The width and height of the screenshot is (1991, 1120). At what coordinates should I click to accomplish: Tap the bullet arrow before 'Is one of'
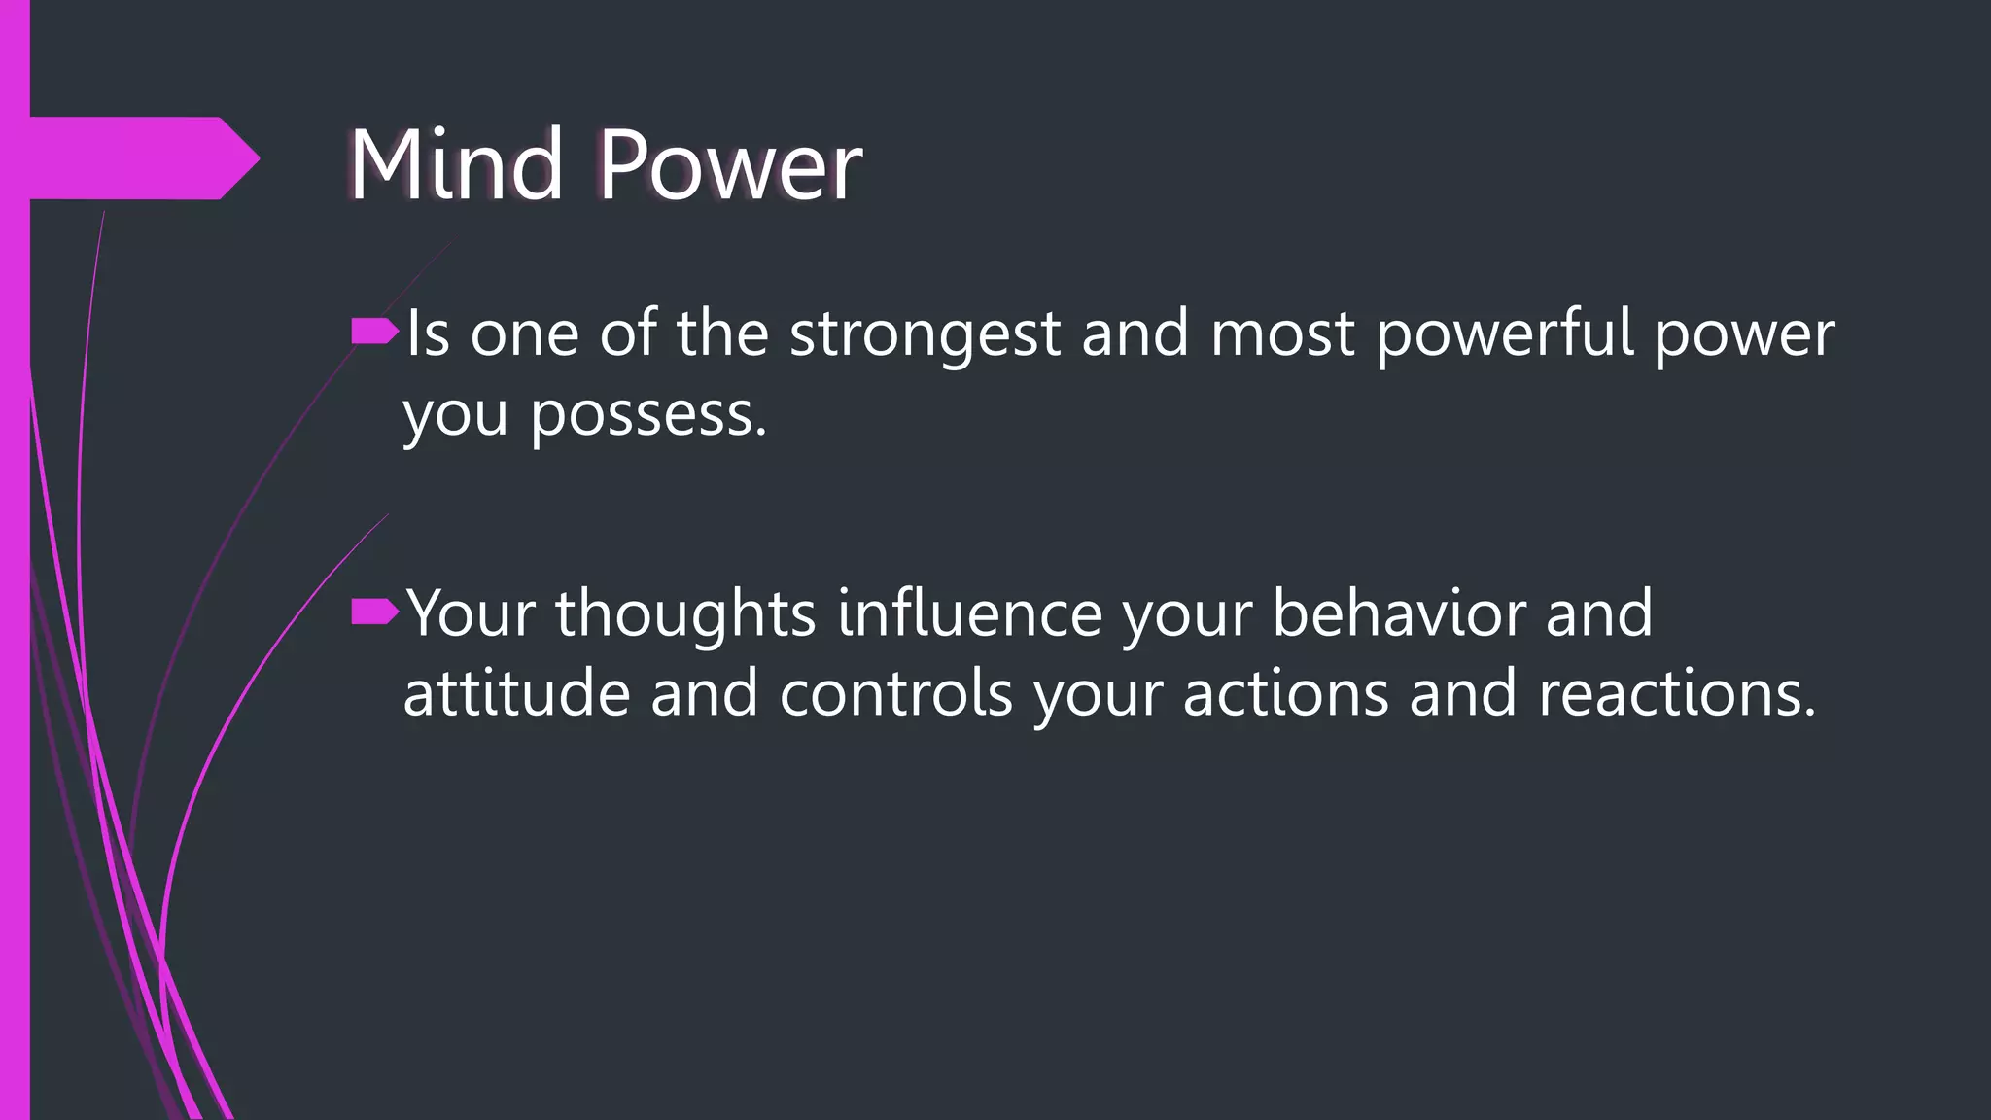click(x=374, y=332)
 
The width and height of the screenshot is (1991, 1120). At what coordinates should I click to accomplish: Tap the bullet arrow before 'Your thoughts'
click(x=374, y=612)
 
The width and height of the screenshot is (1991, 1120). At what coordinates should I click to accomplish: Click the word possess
click(x=648, y=416)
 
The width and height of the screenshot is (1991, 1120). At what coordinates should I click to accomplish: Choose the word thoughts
click(x=685, y=614)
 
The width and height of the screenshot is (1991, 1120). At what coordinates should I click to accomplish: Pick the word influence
click(x=969, y=614)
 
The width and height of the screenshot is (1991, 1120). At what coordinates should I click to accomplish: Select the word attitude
click(x=516, y=695)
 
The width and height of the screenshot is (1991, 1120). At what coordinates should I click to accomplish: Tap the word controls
click(x=895, y=695)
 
